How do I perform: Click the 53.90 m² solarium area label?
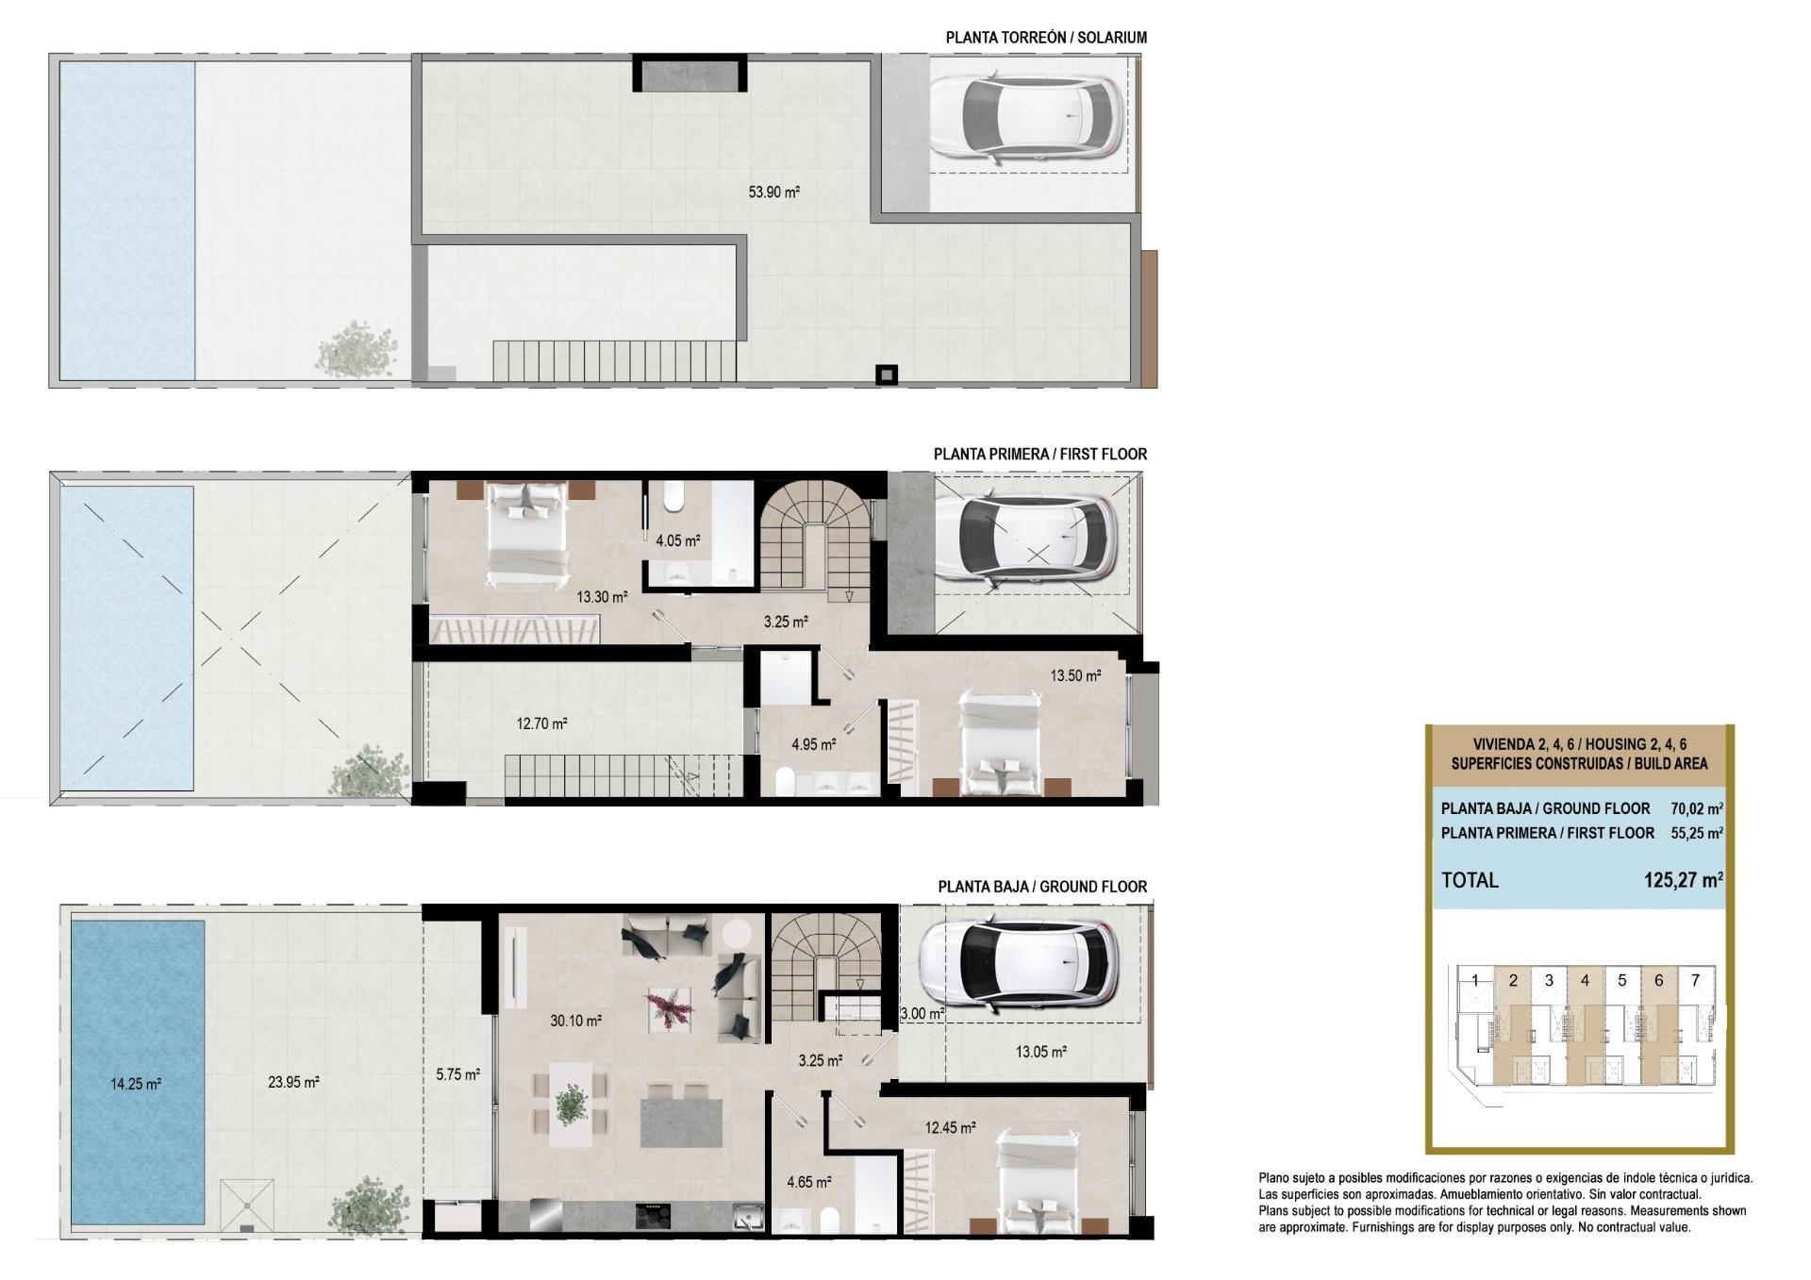(x=773, y=192)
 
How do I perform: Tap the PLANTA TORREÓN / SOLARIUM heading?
(x=1046, y=38)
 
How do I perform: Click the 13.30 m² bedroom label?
(x=602, y=597)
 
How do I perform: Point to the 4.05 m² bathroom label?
(x=677, y=541)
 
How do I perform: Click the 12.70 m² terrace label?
(x=541, y=724)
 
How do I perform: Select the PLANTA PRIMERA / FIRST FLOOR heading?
(x=1039, y=454)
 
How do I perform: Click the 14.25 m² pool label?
(x=136, y=1084)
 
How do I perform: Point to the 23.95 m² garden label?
(x=293, y=1082)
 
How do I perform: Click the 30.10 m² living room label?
(x=575, y=1021)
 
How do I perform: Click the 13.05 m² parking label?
(x=1040, y=1052)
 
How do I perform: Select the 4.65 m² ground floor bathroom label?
(x=808, y=1182)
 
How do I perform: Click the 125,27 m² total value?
(x=1683, y=880)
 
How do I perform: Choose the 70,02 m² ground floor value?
(x=1696, y=808)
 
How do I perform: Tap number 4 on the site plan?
(x=1585, y=980)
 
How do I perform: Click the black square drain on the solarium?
(x=886, y=375)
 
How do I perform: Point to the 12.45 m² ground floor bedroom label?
(x=950, y=1127)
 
